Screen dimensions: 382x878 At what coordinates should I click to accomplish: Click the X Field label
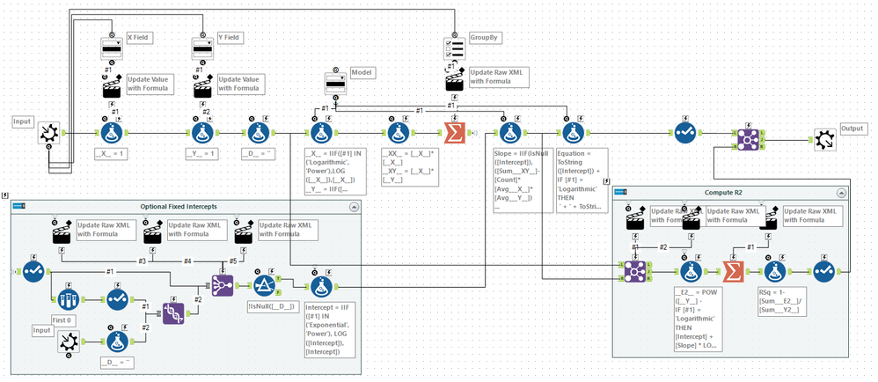138,38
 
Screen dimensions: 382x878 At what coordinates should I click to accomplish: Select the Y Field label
228,38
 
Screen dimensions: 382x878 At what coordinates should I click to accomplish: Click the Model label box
362,71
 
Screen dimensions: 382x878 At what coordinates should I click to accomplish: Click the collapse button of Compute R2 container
846,192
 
